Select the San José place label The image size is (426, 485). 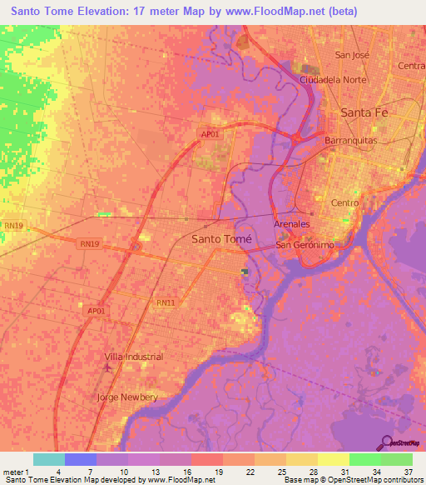pos(351,55)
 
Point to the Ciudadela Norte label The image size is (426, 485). pos(334,80)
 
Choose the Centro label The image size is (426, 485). pos(344,202)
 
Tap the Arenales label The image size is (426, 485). pos(292,225)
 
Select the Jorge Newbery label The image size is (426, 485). pos(127,397)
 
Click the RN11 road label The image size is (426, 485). pos(166,302)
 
